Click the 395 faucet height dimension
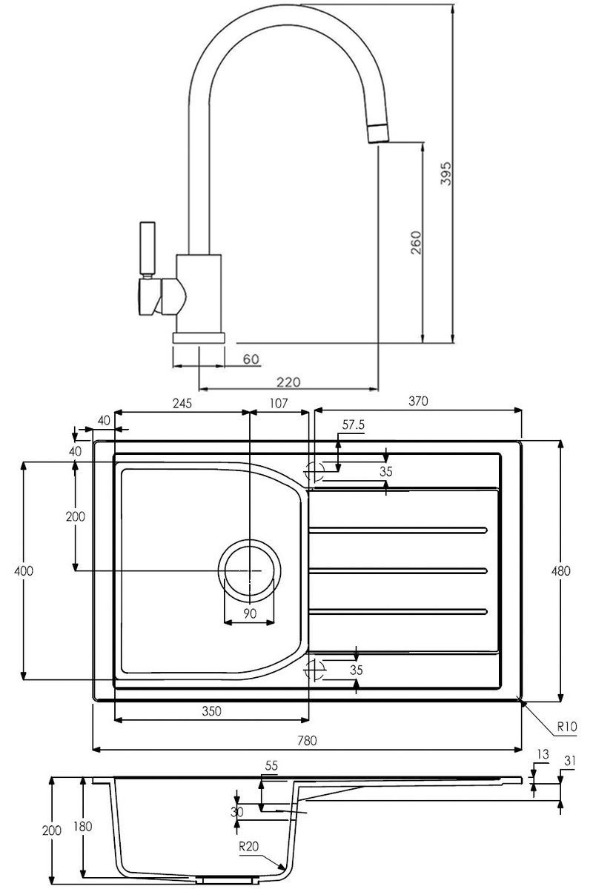point(446,173)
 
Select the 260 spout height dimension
point(415,242)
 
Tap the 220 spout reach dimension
point(288,382)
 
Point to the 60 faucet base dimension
point(251,359)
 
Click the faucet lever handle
point(148,247)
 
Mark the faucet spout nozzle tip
point(379,133)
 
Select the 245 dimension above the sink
point(182,403)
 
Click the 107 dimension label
point(278,403)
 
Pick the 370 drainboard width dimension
point(418,402)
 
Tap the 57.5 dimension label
point(353,424)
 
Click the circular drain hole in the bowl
point(250,570)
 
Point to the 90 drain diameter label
point(250,613)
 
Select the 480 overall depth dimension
point(560,570)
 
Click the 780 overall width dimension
point(307,740)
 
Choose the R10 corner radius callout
point(567,727)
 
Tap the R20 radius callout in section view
point(248,847)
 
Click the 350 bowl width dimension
point(211,710)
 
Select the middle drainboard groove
point(398,570)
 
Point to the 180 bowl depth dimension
point(82,826)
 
